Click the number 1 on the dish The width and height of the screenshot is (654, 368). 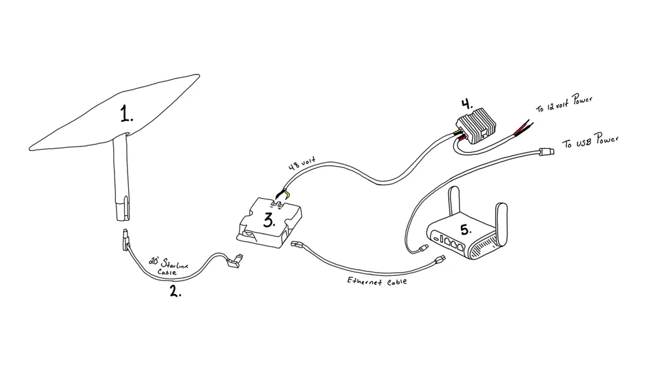[126, 115]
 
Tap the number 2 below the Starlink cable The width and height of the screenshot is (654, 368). [175, 291]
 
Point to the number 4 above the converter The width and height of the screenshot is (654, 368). [466, 104]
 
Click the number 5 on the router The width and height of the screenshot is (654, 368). [465, 230]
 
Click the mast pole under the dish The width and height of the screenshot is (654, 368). [122, 176]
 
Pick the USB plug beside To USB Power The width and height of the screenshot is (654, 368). [547, 152]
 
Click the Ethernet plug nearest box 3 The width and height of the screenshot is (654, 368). [298, 245]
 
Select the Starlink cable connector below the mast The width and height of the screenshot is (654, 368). [123, 241]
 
